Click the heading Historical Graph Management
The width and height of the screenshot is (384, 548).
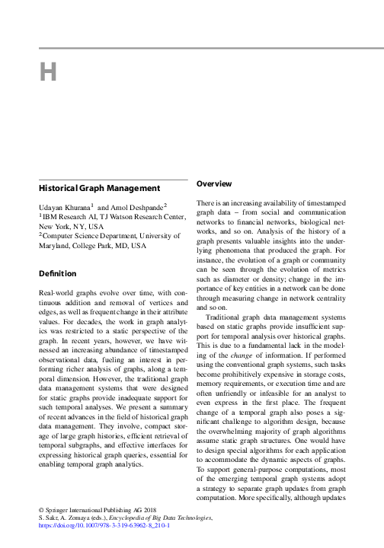(x=99, y=188)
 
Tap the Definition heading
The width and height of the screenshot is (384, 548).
(x=57, y=273)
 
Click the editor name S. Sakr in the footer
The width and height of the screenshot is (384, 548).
(x=50, y=516)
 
